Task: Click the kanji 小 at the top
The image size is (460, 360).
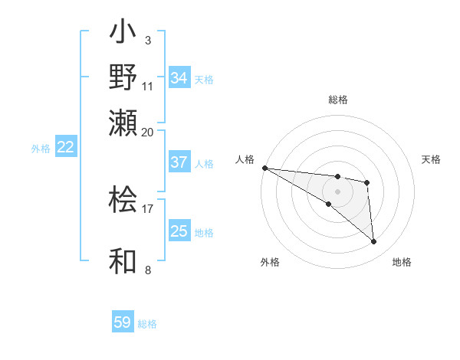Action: tap(124, 34)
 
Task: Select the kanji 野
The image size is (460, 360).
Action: tap(124, 78)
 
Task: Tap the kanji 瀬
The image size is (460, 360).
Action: tap(124, 123)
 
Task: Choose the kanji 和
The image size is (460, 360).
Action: tap(124, 261)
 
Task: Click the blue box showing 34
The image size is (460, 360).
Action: tap(179, 78)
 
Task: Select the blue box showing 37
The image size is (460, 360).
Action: tap(179, 162)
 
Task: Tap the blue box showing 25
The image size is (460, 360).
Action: tap(179, 231)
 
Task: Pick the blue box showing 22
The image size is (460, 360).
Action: tap(65, 148)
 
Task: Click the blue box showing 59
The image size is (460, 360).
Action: tap(123, 322)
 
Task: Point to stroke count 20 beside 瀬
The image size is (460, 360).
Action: tap(148, 132)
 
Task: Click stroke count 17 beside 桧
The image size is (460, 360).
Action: tap(148, 208)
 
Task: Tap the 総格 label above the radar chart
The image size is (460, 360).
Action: tap(338, 100)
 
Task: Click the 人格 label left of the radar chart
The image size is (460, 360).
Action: tap(245, 159)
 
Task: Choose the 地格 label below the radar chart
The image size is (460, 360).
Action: tap(402, 262)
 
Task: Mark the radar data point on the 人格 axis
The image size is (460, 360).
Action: tap(264, 168)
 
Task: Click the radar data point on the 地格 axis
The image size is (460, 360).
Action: tap(373, 242)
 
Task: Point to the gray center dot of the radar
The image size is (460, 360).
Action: tap(337, 191)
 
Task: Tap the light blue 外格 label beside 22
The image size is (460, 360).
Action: tap(41, 149)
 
